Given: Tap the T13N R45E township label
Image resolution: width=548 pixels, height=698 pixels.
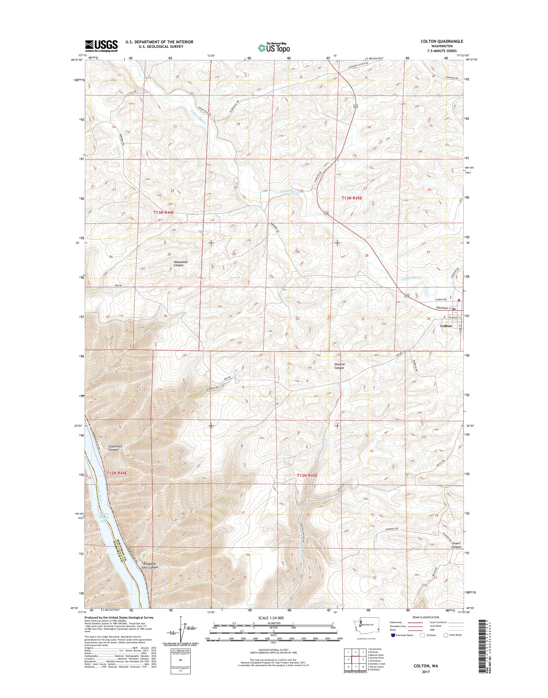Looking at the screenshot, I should point(353,199).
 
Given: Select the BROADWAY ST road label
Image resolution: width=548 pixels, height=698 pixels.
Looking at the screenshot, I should point(444,308).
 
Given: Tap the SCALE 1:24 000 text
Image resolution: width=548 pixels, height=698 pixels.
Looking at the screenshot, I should point(271,618).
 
